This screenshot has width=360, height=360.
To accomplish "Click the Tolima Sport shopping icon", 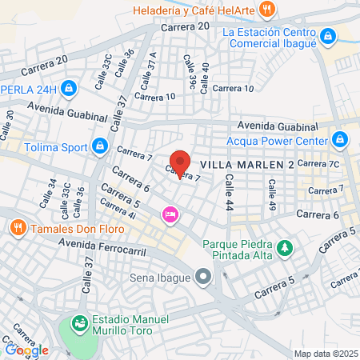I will [100, 146].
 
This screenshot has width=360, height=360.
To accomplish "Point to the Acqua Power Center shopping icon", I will [340, 141].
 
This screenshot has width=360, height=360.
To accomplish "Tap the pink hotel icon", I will [170, 214].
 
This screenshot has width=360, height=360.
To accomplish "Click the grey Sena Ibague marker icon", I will [204, 278].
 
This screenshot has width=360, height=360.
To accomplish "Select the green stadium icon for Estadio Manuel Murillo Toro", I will [79, 323].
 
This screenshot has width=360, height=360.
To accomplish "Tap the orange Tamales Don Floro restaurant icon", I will [18, 228].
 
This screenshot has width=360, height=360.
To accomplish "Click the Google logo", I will [26, 349].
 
